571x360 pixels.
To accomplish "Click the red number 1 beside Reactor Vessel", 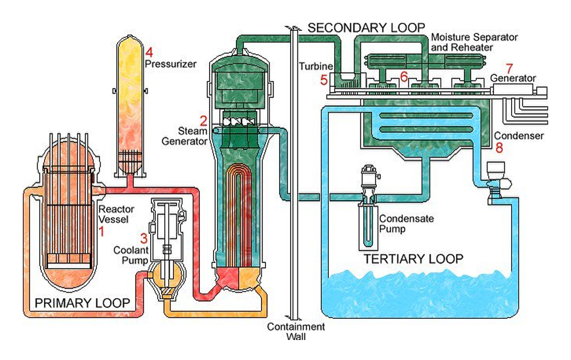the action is [102, 231].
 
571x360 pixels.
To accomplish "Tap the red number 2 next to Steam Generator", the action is [203, 121].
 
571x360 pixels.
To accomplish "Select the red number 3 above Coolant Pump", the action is [144, 238].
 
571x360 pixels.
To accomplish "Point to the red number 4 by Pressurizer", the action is [149, 53].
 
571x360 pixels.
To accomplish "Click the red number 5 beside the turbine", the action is [324, 80].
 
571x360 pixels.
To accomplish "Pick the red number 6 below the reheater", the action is [404, 77].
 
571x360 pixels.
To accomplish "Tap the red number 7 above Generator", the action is [509, 68].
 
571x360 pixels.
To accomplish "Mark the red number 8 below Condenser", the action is [499, 147].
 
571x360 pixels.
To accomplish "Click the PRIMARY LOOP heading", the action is [82, 303].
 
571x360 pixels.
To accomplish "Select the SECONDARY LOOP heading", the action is [367, 27].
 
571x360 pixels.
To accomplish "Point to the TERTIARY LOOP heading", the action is [413, 259].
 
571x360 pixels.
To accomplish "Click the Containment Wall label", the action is [296, 331].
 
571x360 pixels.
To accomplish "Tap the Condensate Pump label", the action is [407, 224].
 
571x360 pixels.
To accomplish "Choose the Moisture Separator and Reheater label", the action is [474, 42].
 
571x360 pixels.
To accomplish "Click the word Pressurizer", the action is [170, 64].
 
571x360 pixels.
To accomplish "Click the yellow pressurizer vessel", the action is [129, 106].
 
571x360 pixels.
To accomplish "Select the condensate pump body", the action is [368, 207].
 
